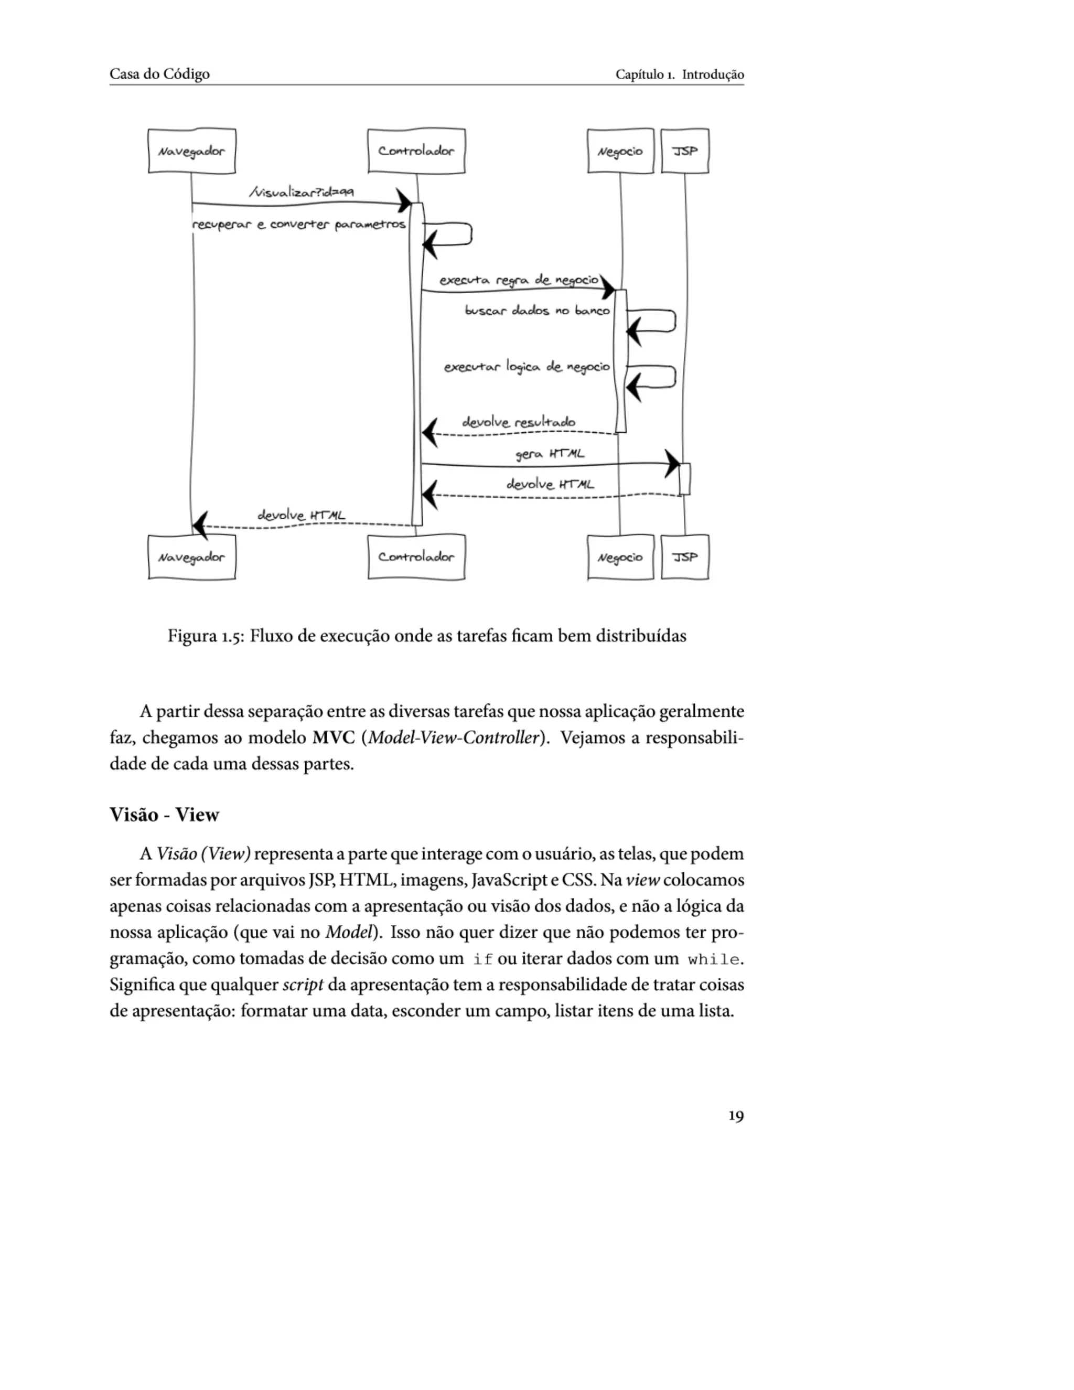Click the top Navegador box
point(191,151)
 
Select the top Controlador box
point(416,151)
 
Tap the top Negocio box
point(620,151)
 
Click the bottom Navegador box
point(191,557)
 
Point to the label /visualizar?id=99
point(302,191)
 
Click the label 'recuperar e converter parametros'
point(298,224)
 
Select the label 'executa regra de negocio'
point(519,280)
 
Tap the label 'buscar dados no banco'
point(537,311)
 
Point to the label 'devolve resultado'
point(519,422)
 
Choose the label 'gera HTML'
point(550,454)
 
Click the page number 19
point(736,1116)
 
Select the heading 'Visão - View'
point(164,815)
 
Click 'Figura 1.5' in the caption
point(203,636)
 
